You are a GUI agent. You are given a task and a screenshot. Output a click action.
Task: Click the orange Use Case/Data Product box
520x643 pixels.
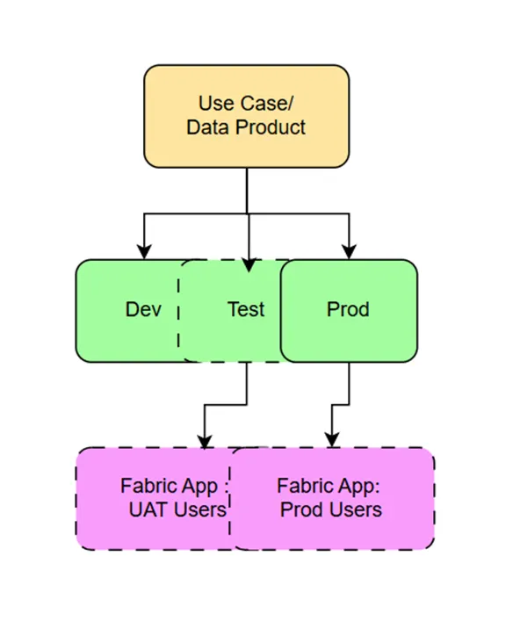click(x=246, y=116)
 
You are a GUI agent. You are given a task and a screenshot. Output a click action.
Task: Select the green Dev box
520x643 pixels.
click(x=123, y=310)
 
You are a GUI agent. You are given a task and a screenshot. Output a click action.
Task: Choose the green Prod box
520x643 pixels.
click(x=349, y=310)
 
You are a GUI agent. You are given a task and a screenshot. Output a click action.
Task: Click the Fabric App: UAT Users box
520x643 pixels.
click(x=149, y=498)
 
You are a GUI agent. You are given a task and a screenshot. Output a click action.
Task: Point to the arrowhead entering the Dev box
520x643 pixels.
click(x=143, y=253)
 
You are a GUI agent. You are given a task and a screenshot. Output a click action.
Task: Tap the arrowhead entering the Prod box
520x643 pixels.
click(x=350, y=253)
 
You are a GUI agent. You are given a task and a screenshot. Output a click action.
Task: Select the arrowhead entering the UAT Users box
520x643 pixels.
click(x=204, y=441)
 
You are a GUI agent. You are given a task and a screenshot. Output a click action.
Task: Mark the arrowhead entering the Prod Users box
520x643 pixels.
click(x=332, y=441)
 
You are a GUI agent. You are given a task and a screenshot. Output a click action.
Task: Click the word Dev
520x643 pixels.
click(x=143, y=310)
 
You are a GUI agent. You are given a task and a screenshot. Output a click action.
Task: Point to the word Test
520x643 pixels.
click(x=246, y=310)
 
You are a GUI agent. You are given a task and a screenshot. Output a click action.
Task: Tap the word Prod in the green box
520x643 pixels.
click(x=348, y=310)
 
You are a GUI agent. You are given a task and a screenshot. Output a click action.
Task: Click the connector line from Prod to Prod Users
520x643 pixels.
click(x=349, y=387)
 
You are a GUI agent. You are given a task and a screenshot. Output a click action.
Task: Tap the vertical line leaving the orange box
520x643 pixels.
click(x=247, y=189)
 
